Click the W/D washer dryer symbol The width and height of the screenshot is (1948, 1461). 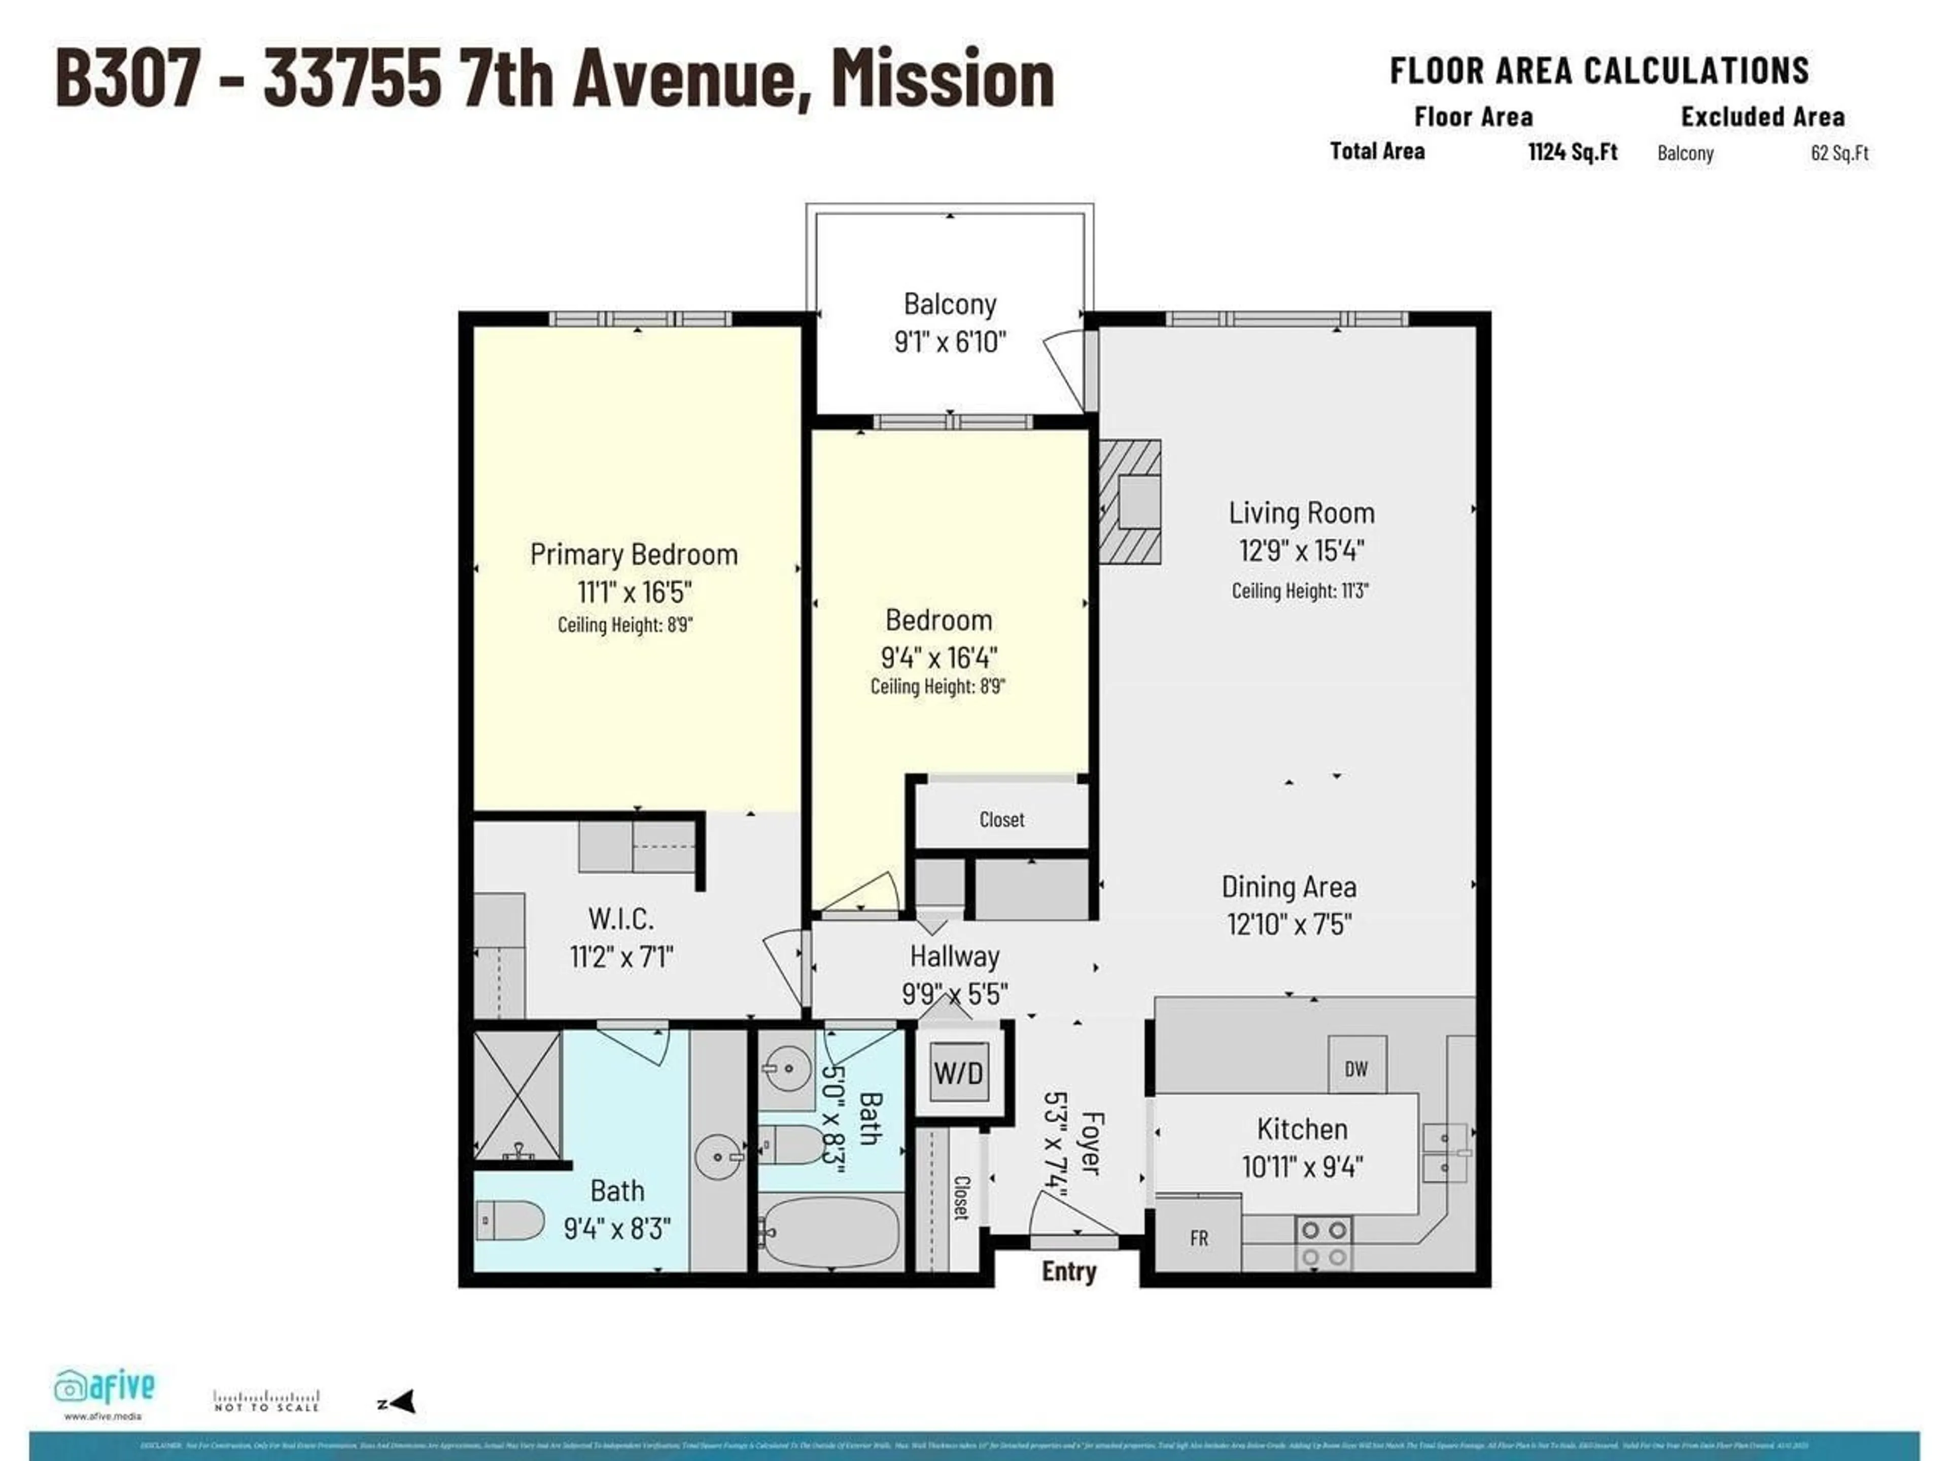coord(958,1072)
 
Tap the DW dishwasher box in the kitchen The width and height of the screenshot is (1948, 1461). coord(1356,1069)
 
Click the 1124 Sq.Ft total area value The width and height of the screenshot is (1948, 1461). coord(1572,152)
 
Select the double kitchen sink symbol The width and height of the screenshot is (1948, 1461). coord(1444,1152)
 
